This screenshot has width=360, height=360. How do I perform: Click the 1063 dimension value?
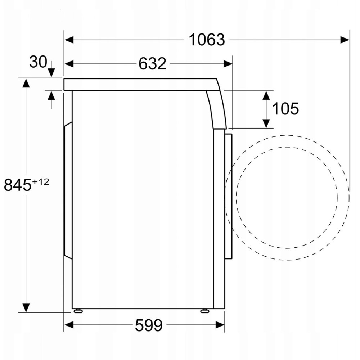[207, 40]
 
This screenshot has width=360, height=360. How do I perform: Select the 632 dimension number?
[152, 64]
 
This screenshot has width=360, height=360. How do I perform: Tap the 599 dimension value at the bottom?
[149, 325]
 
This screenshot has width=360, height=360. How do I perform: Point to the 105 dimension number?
[285, 108]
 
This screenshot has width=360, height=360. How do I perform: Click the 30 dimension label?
[38, 62]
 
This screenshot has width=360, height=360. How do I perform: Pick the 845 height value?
[18, 185]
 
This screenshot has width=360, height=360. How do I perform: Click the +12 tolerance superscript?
[41, 181]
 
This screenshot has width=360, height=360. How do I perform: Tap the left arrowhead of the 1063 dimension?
[69, 40]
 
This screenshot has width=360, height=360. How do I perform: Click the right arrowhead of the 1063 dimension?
[345, 40]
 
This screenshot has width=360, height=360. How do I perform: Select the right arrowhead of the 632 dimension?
[228, 64]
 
